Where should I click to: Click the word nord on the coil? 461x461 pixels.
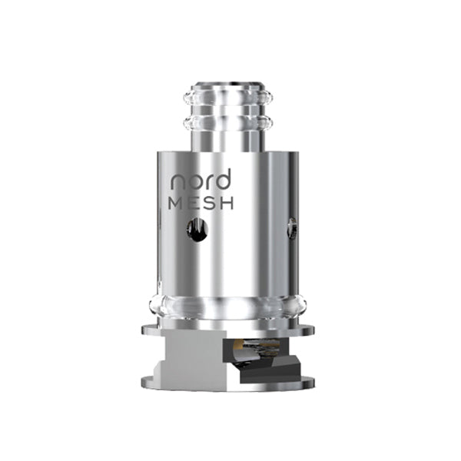(x=201, y=179)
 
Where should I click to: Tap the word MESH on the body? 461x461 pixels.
(x=201, y=203)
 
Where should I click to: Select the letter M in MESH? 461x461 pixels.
(x=176, y=203)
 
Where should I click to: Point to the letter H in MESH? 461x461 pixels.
(x=227, y=203)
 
